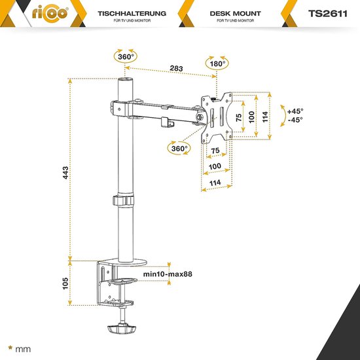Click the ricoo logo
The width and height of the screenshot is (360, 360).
pos(50,14)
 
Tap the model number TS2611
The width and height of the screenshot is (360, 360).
pos(328,14)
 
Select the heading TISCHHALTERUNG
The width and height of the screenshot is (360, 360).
pos(132,13)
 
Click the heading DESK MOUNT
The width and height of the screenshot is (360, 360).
pos(236,13)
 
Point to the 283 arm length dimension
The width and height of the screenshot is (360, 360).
pos(176,68)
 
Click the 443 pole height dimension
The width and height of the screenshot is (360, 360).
pos(65,173)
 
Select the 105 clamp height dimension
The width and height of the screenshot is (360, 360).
pos(65,283)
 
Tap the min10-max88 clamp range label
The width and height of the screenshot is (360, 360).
pos(168,274)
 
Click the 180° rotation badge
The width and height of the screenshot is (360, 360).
pos(217,63)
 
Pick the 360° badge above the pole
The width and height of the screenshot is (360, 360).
pos(126,56)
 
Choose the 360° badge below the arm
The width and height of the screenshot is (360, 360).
pos(179,148)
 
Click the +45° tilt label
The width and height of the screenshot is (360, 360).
pos(295,111)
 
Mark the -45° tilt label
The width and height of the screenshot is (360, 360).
pos(295,120)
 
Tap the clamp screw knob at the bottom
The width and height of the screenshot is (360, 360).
pos(122,329)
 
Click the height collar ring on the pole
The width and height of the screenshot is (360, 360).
pos(123,201)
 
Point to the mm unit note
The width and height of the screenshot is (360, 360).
pos(23,350)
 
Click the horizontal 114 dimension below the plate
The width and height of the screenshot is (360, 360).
pos(215,183)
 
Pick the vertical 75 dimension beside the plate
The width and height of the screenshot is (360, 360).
pos(239,117)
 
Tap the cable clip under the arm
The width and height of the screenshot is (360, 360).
pos(167,122)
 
